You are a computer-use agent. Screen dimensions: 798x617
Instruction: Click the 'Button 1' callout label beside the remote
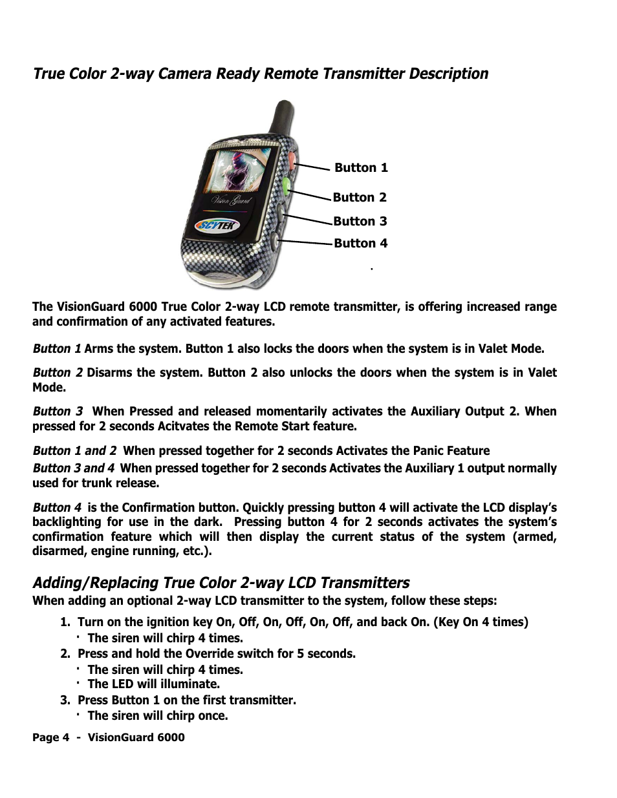click(x=361, y=168)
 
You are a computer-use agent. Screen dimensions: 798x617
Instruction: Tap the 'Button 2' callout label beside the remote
click(x=360, y=198)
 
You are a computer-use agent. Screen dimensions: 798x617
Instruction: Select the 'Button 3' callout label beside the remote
click(x=360, y=222)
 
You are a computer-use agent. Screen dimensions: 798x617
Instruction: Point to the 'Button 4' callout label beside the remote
click(x=360, y=244)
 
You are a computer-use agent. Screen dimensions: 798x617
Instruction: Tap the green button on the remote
click(x=285, y=185)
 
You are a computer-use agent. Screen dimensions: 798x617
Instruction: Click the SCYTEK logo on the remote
click(x=218, y=226)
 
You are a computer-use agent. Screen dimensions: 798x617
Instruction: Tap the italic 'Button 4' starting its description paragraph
click(x=58, y=508)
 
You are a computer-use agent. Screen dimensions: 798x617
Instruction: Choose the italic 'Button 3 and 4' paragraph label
click(x=74, y=468)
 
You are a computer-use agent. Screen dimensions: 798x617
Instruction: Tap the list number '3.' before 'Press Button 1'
click(x=65, y=700)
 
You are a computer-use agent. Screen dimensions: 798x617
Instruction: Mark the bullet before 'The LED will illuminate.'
click(x=76, y=682)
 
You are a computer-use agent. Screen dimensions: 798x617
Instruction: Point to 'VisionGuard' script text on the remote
click(x=231, y=200)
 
